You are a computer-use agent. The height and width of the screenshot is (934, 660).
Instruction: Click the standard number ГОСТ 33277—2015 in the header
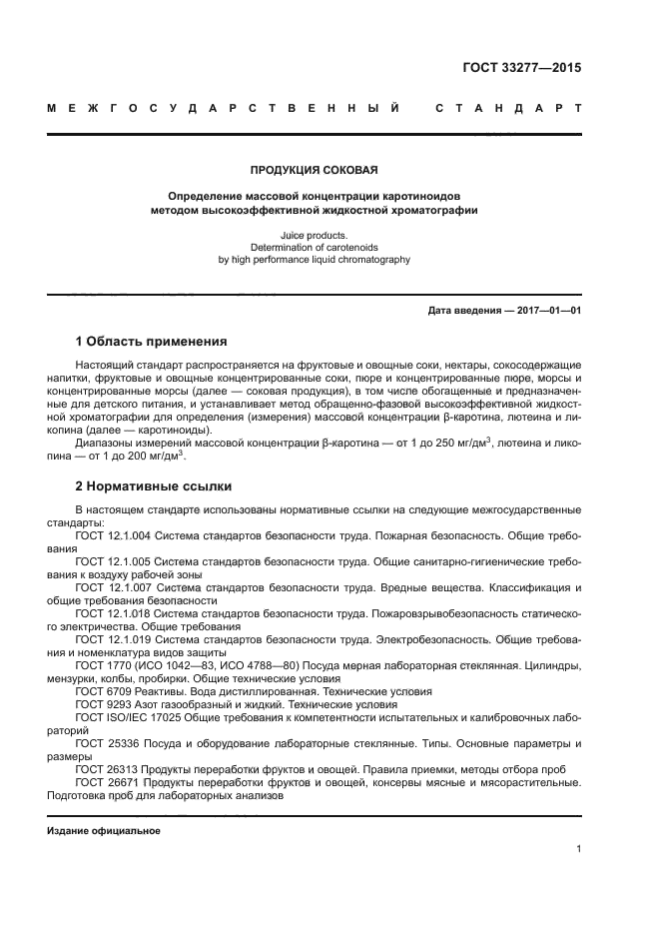(x=522, y=68)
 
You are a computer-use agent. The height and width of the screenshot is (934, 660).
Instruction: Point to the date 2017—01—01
(x=547, y=311)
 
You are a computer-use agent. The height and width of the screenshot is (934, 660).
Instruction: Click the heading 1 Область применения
(x=151, y=342)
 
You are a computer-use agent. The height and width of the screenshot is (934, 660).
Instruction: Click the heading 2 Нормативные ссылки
(x=154, y=486)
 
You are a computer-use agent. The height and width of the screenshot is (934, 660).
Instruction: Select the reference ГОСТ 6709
(x=100, y=690)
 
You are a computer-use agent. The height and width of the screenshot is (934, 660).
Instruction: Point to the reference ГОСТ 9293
(x=100, y=703)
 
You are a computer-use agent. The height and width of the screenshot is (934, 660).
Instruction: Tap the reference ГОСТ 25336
(x=104, y=743)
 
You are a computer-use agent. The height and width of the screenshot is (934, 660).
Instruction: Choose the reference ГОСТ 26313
(x=104, y=769)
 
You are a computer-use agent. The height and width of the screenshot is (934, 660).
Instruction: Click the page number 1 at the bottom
(x=578, y=849)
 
